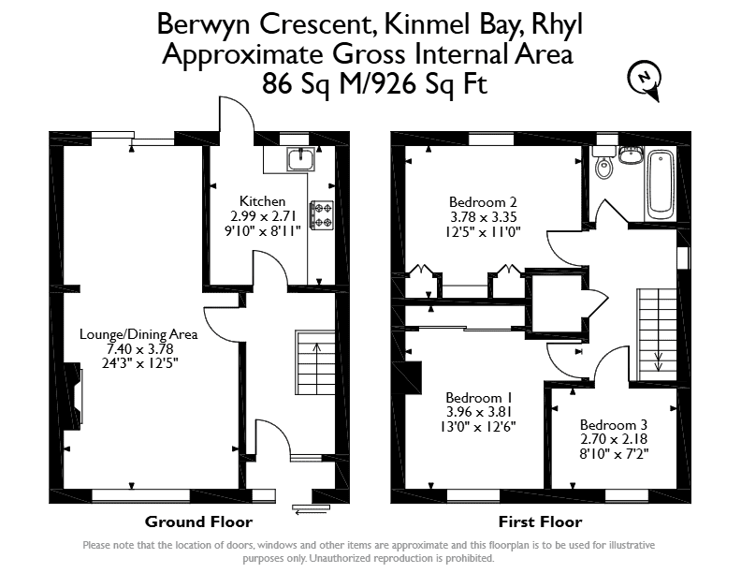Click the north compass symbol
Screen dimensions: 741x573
coord(644,79)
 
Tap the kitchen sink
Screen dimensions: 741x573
coord(300,159)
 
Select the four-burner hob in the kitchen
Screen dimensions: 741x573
coord(322,215)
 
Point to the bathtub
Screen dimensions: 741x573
coord(661,184)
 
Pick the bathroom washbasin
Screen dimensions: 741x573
coord(631,154)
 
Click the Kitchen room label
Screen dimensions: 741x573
coord(262,201)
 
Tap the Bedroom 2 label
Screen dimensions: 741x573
coord(483,202)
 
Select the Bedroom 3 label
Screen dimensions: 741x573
coord(614,424)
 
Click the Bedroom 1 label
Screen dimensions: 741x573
coord(479,397)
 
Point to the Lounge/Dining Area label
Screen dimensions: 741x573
coord(138,335)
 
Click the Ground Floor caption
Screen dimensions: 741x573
coord(198,522)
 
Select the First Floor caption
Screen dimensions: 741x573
coord(540,522)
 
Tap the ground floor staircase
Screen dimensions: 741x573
coord(315,362)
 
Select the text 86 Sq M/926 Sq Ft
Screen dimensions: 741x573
coord(374,84)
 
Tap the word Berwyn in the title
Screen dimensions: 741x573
coord(203,24)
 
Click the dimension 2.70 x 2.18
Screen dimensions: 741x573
coord(614,439)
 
